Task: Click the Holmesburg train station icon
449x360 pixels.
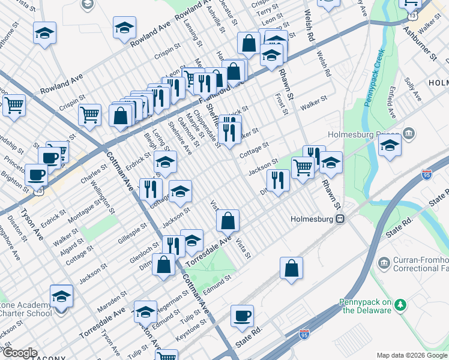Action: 340,219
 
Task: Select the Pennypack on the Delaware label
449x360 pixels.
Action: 366,306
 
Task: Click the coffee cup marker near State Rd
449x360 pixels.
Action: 242,316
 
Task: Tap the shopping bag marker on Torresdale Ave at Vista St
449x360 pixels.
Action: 228,221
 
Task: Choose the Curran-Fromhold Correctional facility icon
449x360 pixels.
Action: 384,262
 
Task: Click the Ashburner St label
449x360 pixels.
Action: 420,43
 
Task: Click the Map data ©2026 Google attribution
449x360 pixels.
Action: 411,355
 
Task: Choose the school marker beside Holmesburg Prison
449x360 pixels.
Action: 390,146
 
